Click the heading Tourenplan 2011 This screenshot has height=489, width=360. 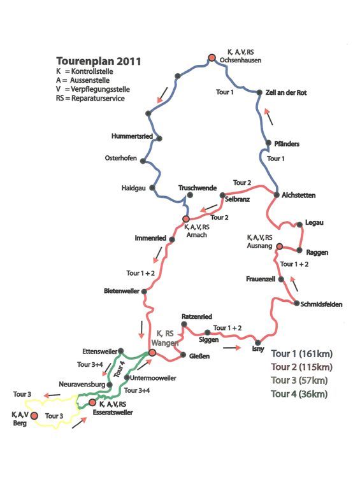[x=99, y=61]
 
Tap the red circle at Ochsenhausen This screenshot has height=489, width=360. [x=212, y=58]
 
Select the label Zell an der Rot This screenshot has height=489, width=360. [x=286, y=92]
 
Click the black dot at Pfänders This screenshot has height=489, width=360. [x=268, y=143]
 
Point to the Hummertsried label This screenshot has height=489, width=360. [x=132, y=136]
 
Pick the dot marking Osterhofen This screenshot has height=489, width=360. [x=143, y=161]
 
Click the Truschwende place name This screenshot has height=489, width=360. [x=198, y=188]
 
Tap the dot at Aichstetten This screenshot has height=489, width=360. [x=277, y=195]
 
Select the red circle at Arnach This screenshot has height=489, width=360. [x=186, y=219]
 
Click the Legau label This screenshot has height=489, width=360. [x=314, y=223]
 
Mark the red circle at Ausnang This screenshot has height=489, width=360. [x=280, y=246]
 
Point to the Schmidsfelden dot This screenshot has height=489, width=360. [x=297, y=303]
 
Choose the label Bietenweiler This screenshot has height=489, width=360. [x=122, y=291]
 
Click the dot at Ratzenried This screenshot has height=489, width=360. [x=184, y=324]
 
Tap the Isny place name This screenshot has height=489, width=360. [x=258, y=349]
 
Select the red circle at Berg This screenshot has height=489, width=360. [x=34, y=416]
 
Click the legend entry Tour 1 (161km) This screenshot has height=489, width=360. [x=302, y=354]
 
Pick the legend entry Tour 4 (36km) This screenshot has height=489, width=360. [x=299, y=394]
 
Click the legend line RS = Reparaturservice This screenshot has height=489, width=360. [x=90, y=99]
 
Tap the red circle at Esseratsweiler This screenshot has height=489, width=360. [x=92, y=402]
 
